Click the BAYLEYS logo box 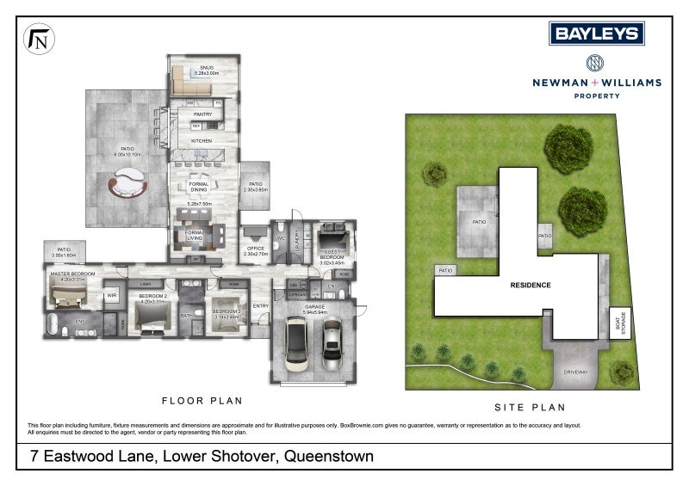tap(597, 34)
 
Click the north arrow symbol tap(38, 40)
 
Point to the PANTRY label tap(202, 114)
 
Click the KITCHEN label tap(202, 140)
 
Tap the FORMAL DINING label tap(199, 187)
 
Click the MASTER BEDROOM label tap(72, 274)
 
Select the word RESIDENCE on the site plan tap(530, 285)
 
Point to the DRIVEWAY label tap(575, 372)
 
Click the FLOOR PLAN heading tap(202, 401)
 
